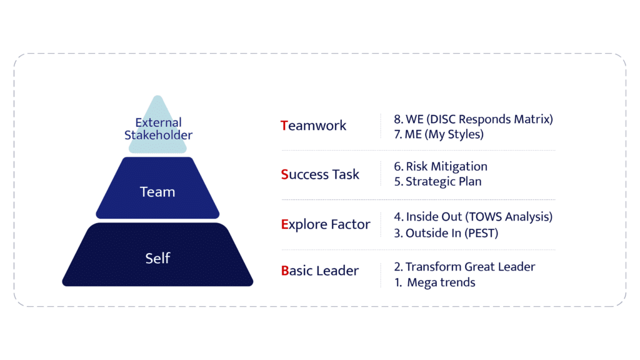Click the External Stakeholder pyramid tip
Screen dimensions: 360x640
point(157,128)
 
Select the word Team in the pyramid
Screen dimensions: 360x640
point(157,192)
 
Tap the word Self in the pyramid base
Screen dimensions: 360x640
point(157,257)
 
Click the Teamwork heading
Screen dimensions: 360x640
point(314,126)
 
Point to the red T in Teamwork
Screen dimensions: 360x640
point(284,126)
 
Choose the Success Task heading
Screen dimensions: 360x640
point(321,174)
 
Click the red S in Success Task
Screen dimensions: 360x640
point(284,174)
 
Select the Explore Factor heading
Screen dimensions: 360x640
point(326,224)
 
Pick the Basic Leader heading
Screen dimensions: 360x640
point(320,271)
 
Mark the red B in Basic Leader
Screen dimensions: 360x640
point(284,271)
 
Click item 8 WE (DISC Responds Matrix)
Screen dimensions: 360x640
point(473,119)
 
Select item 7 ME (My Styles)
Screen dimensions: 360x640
point(438,134)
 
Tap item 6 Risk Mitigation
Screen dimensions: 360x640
point(441,167)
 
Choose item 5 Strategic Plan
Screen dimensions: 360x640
point(438,182)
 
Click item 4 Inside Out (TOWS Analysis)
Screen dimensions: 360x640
point(473,217)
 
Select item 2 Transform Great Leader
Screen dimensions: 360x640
point(464,267)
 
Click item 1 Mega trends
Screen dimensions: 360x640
point(436,282)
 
